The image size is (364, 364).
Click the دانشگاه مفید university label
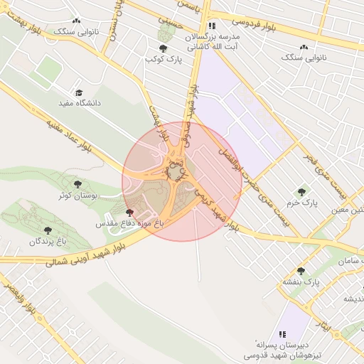coord(79,104)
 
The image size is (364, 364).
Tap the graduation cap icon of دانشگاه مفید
coord(79,93)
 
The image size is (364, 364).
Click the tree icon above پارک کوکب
coord(164,48)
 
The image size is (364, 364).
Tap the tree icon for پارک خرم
coord(302,192)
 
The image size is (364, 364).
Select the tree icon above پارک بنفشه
coord(301,271)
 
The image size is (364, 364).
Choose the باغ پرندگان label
coord(48,242)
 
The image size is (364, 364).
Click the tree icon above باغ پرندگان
coord(48,231)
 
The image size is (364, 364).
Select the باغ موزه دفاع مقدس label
coord(130,223)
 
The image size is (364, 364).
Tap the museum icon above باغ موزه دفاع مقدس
coord(129,213)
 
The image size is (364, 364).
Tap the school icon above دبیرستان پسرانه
coord(282,333)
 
